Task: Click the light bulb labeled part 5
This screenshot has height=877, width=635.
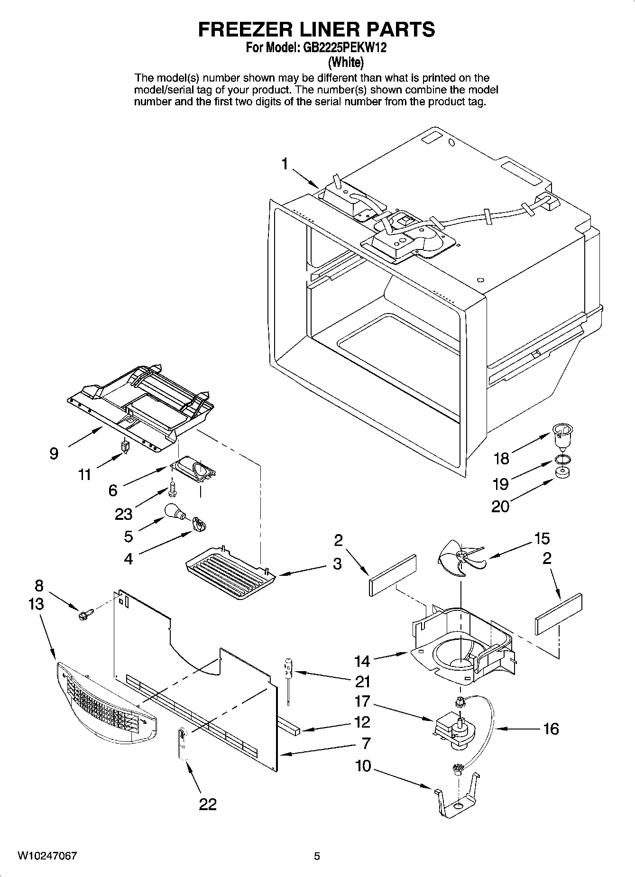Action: [x=175, y=512]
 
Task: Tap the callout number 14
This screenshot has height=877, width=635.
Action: [x=362, y=661]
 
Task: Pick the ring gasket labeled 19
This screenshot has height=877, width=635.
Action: [x=561, y=459]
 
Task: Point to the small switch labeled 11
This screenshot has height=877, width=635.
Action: [x=125, y=446]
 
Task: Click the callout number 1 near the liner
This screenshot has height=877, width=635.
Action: [x=285, y=164]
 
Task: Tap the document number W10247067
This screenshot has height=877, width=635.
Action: [x=47, y=856]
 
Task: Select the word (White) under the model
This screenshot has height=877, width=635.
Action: [x=346, y=62]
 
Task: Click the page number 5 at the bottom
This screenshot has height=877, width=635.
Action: [x=317, y=856]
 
